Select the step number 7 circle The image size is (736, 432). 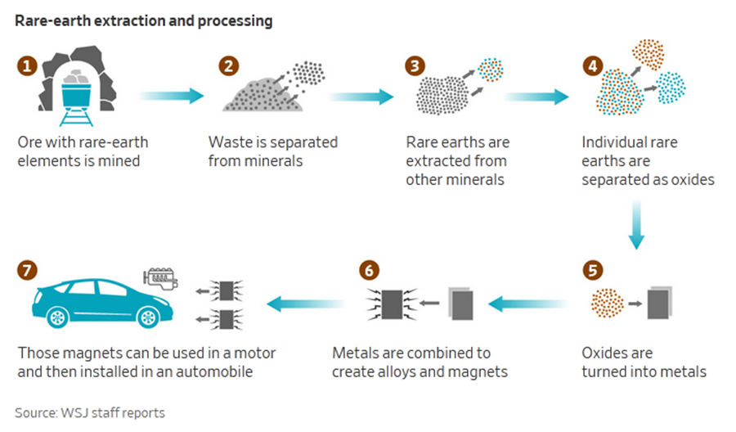(28, 268)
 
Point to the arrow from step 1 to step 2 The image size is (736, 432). (172, 96)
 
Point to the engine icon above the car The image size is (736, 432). (160, 280)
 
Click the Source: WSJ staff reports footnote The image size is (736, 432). (90, 412)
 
